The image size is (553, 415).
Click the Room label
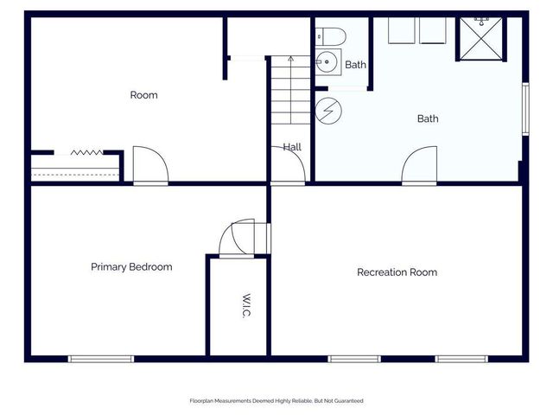(143, 95)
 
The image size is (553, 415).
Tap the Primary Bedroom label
(131, 267)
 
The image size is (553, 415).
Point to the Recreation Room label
(397, 272)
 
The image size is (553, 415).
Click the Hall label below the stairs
(292, 148)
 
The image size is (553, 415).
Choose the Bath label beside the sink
(355, 65)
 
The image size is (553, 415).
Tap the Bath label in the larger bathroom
(428, 118)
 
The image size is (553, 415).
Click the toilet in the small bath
(330, 36)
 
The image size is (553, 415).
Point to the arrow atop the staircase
(290, 60)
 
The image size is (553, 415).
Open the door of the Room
(149, 166)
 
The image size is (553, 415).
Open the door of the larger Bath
(420, 165)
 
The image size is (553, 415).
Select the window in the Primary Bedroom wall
(101, 358)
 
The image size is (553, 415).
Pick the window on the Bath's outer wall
(524, 109)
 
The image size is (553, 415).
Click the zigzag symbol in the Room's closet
(86, 152)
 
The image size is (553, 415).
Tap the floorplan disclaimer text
(276, 400)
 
